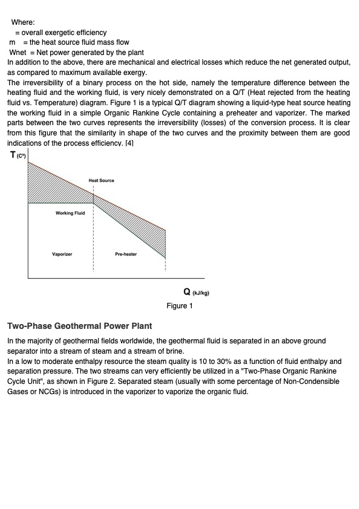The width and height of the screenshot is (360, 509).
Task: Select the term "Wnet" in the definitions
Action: click(18, 52)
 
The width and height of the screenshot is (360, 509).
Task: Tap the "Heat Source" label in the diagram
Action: click(101, 181)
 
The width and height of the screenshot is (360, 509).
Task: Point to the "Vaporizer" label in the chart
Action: click(62, 254)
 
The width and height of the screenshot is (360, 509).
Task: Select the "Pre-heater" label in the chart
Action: click(126, 254)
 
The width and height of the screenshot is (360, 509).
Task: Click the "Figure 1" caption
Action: click(180, 306)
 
